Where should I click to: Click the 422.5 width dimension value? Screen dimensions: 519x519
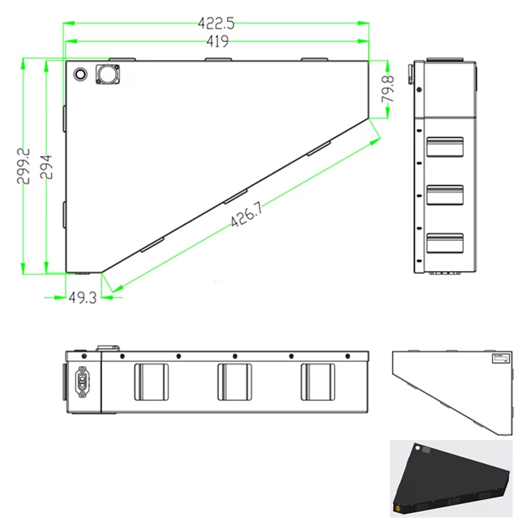tap(216, 23)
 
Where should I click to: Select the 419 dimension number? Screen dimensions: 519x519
tap(217, 42)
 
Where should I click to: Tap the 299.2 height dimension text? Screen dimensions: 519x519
tap(24, 166)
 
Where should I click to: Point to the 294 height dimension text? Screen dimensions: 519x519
tap(46, 167)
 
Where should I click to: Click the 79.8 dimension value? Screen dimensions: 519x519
tap(388, 89)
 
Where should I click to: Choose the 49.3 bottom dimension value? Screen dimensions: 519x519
tap(83, 297)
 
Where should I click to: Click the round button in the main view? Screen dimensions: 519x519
tap(80, 74)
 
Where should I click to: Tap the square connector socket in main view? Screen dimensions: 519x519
tap(107, 74)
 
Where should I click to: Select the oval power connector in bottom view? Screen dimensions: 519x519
tap(82, 381)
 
